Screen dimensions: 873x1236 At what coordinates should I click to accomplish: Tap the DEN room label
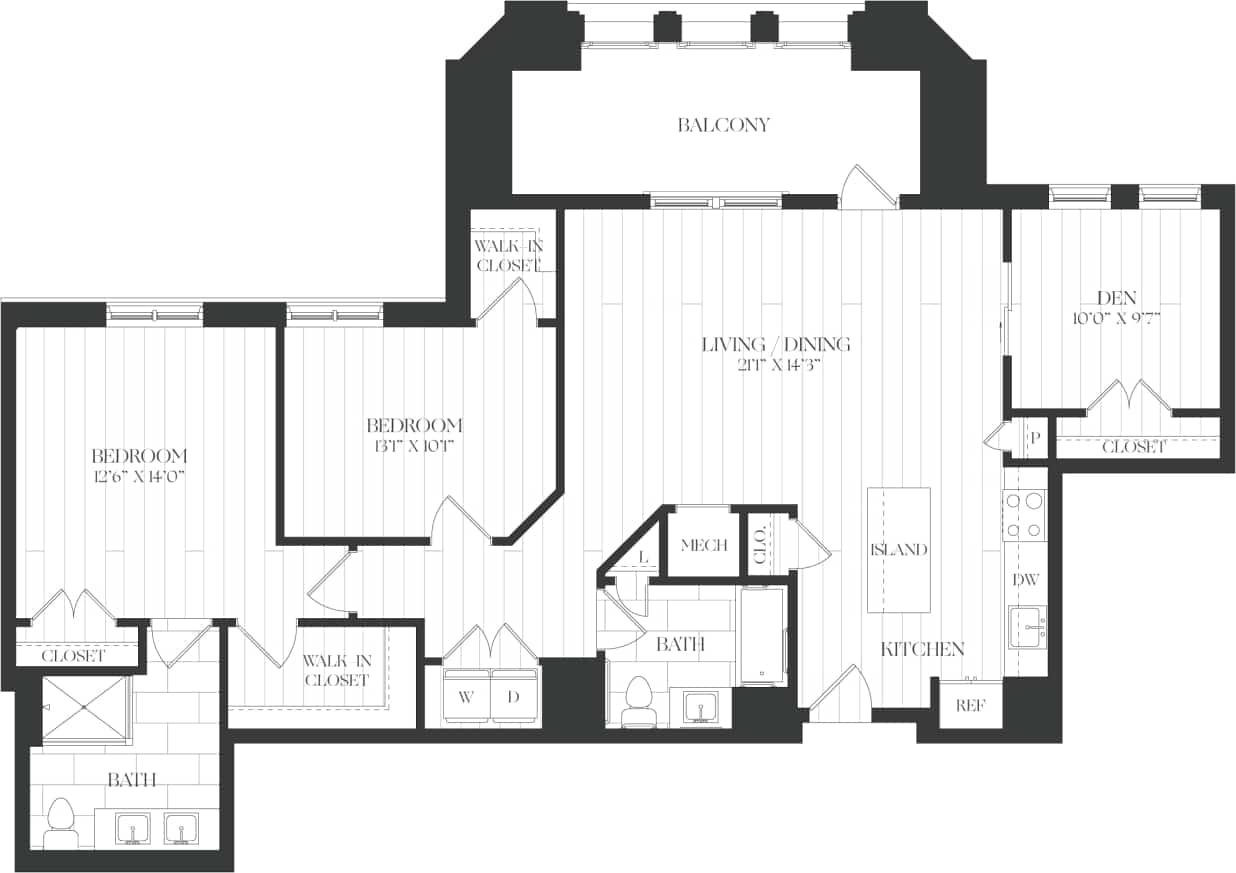[1113, 297]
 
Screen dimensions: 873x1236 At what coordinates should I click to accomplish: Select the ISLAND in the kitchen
[899, 550]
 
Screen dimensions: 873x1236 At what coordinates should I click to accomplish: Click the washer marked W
[465, 697]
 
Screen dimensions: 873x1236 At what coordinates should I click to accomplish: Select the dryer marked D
[513, 697]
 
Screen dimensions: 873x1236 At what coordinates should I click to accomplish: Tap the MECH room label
[703, 545]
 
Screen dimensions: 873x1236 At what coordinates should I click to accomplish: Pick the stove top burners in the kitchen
[1025, 515]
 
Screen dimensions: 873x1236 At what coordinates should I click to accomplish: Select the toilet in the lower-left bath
[63, 822]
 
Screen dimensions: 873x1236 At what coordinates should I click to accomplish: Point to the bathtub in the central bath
[764, 635]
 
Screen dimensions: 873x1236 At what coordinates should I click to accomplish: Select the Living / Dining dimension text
[775, 365]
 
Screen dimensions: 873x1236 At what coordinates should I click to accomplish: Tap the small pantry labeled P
[1034, 438]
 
